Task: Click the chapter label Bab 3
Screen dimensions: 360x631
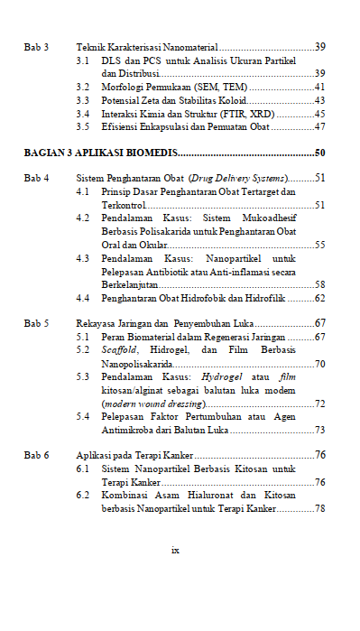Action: (x=36, y=46)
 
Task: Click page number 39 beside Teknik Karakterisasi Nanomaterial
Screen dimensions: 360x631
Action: (x=319, y=46)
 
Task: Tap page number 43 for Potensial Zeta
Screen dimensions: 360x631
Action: (x=319, y=100)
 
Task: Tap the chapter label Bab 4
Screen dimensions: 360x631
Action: (x=36, y=179)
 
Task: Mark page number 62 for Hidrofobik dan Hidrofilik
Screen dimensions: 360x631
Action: (x=319, y=298)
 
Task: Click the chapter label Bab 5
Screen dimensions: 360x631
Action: (x=36, y=323)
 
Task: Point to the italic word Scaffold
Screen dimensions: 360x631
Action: (x=117, y=350)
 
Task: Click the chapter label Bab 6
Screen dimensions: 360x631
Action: (x=36, y=456)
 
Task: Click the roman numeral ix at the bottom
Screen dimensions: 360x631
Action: (x=175, y=549)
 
